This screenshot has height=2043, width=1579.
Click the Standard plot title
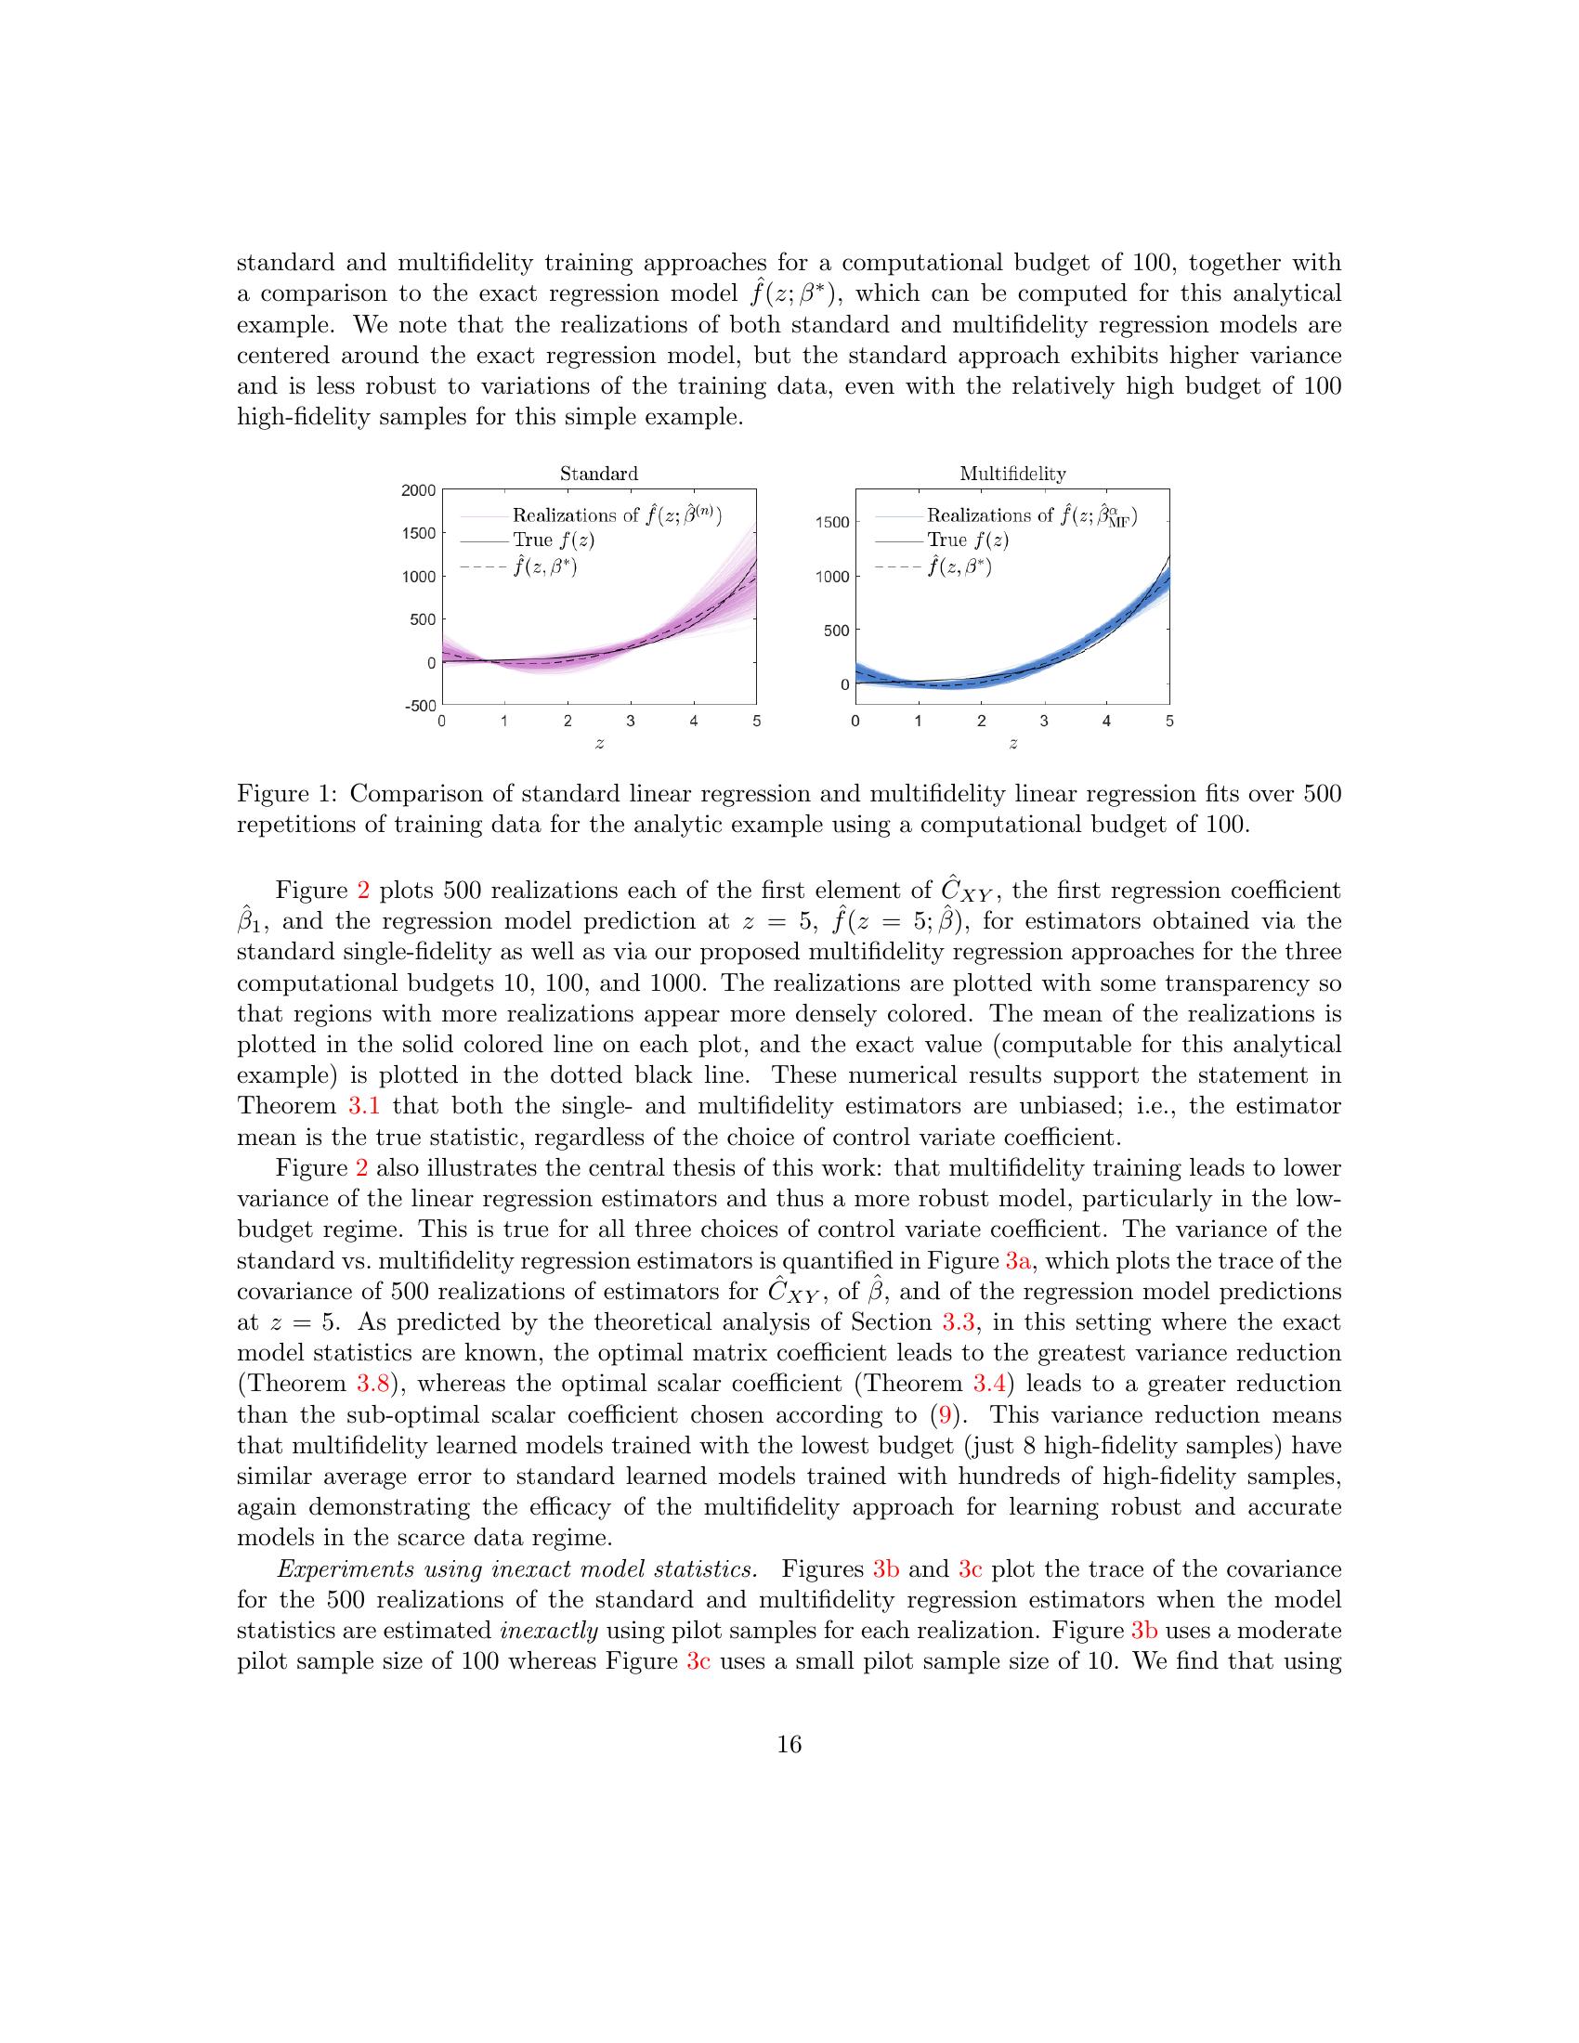599,474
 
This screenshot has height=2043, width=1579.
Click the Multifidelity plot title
1012,474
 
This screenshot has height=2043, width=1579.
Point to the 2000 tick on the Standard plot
420,490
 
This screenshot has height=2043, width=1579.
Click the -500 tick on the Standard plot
420,706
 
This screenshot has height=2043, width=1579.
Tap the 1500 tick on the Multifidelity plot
831,522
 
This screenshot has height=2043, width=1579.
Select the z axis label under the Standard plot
599,743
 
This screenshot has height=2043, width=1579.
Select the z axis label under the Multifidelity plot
1012,743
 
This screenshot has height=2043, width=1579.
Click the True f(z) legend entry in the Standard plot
553,540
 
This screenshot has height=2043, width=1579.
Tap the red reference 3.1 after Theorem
363,1106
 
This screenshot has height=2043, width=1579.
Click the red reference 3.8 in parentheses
372,1384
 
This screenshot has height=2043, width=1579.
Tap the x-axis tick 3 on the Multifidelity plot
1044,722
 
